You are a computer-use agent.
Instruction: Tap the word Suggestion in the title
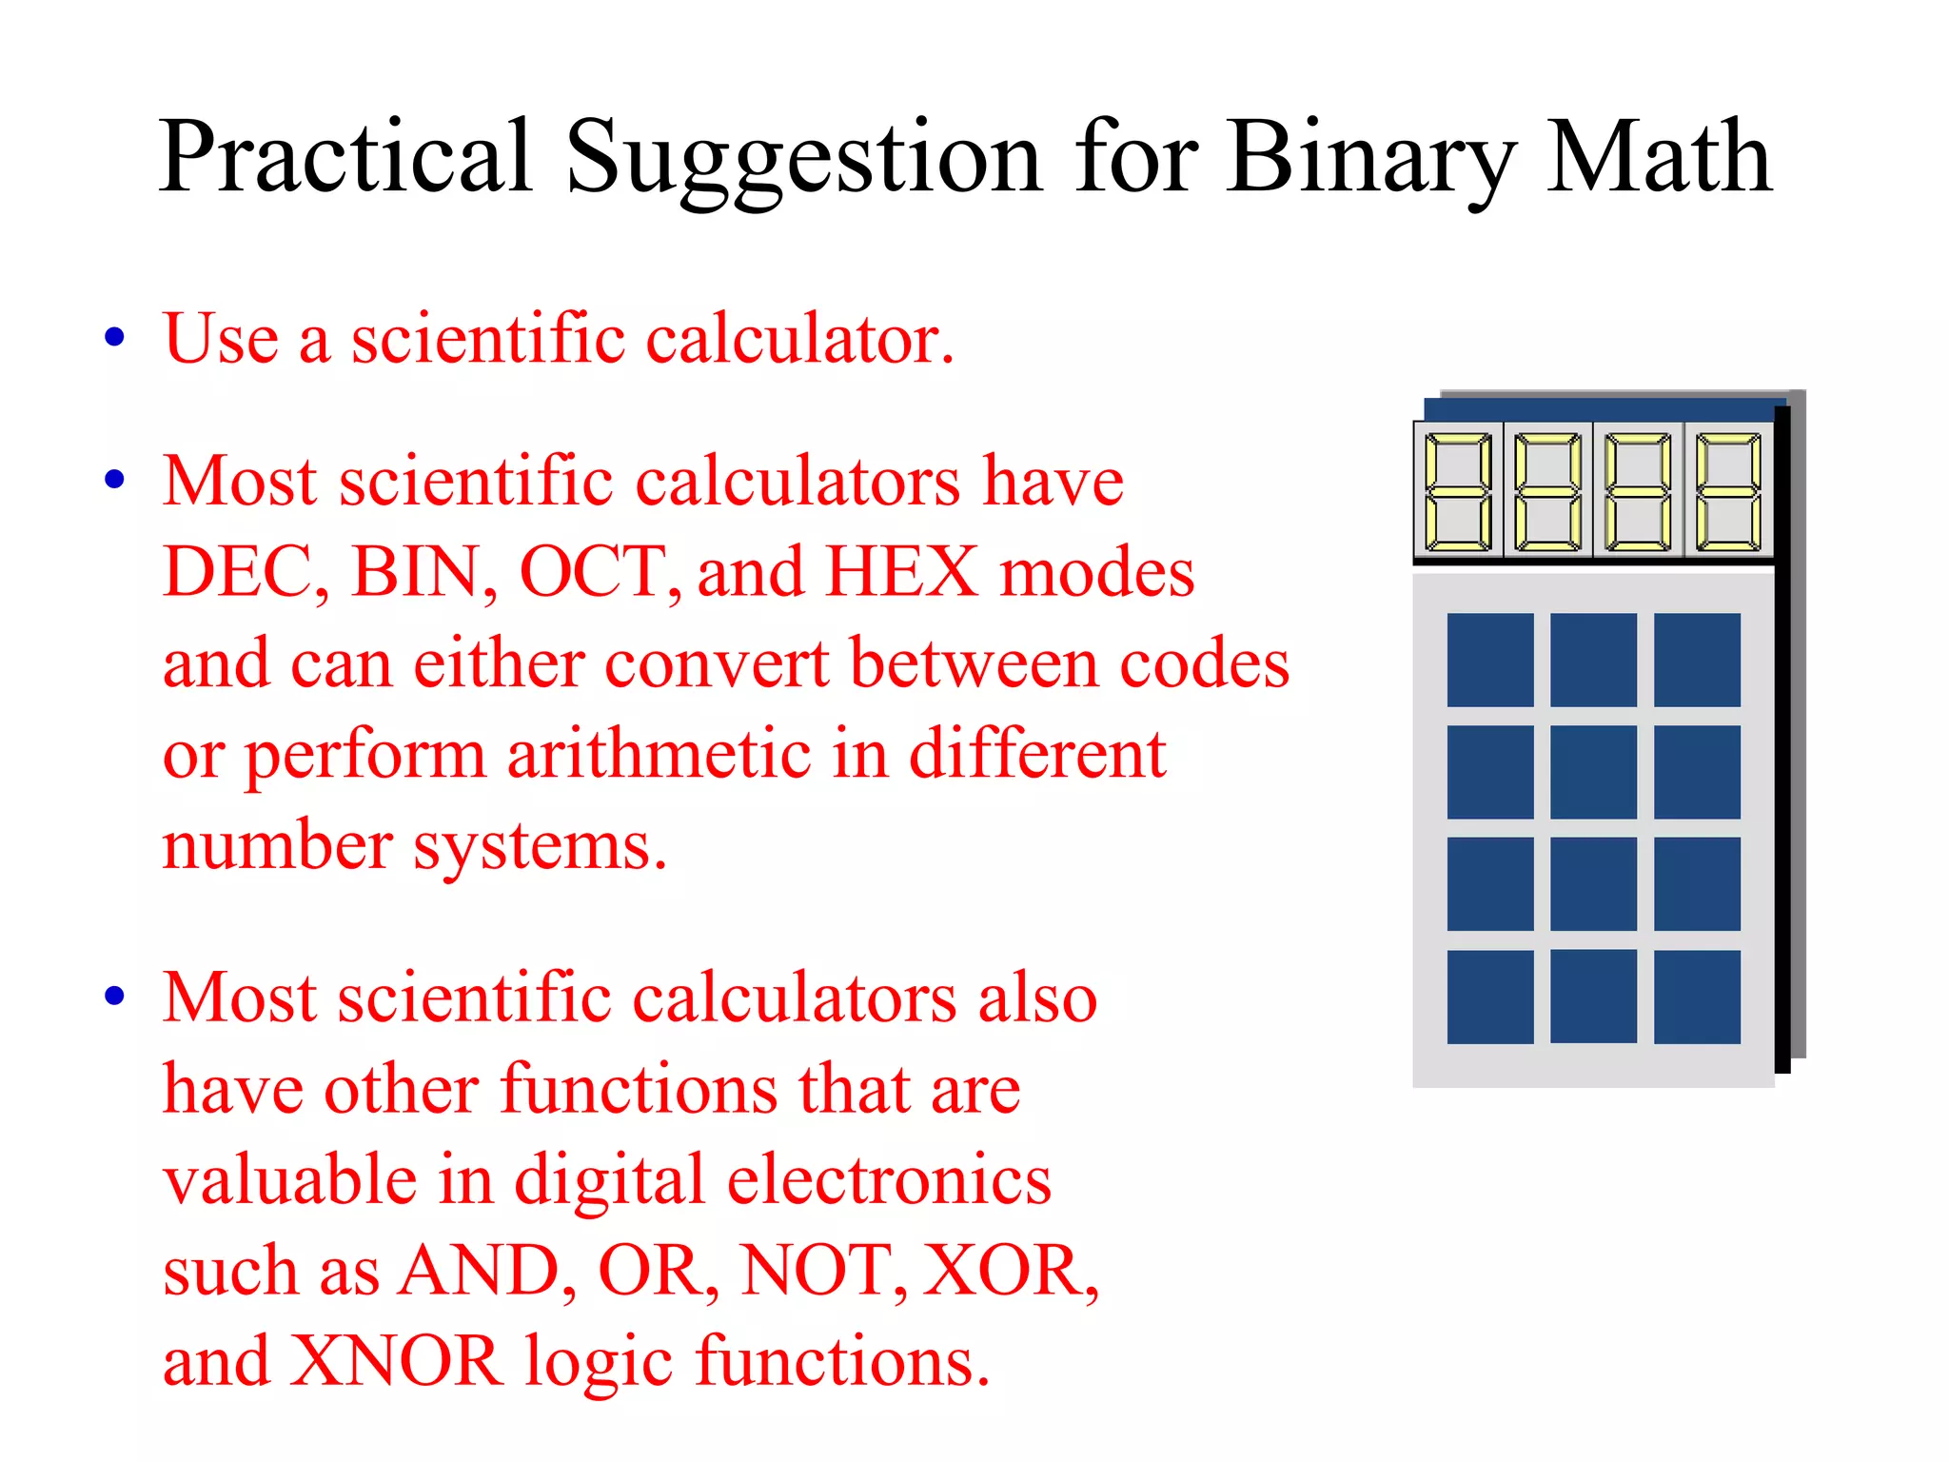803,157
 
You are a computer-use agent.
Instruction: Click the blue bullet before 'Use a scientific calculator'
115,337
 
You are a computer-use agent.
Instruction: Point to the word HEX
900,572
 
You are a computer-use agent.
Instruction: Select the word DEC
243,572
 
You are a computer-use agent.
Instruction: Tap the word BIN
422,572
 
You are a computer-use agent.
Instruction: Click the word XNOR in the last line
394,1360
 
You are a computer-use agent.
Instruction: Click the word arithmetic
659,754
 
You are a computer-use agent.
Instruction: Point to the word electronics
889,1179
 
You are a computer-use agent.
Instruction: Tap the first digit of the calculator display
1457,491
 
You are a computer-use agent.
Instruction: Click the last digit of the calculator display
1728,491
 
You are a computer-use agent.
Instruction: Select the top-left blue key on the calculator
1489,660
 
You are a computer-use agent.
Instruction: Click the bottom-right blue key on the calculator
1696,997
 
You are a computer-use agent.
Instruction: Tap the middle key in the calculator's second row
1593,772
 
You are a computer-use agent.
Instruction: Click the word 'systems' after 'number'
540,845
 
